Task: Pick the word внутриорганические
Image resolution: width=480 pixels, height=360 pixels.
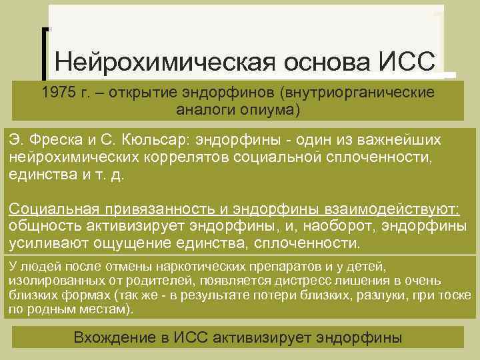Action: coord(357,92)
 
